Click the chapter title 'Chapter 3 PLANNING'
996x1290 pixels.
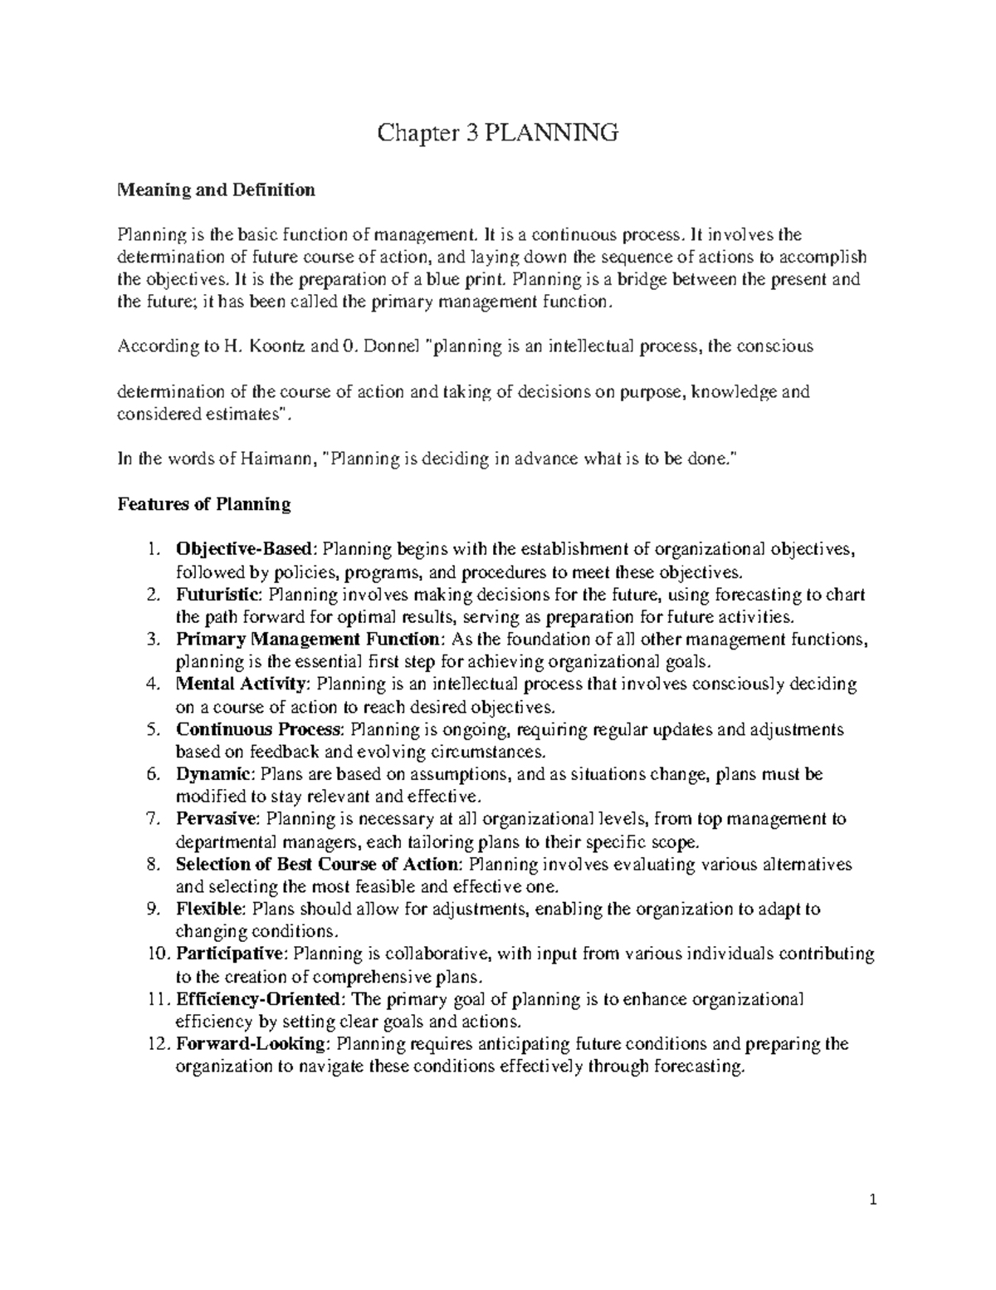[498, 133]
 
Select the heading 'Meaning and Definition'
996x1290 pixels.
[217, 190]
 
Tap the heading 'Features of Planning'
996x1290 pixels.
[204, 504]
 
